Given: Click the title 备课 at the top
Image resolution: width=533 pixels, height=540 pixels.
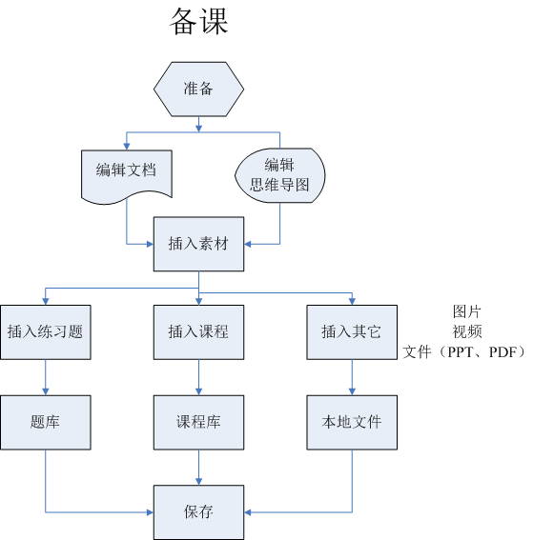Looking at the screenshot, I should [x=198, y=21].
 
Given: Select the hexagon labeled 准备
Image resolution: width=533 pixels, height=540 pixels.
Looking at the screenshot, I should [x=198, y=89].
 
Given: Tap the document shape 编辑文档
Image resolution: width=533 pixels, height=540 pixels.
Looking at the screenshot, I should [x=127, y=172].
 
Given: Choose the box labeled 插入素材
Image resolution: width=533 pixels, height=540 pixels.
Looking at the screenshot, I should [x=198, y=244].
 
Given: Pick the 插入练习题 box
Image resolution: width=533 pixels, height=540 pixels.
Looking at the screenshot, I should [x=46, y=331].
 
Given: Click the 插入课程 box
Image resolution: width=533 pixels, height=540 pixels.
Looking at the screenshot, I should [x=198, y=331].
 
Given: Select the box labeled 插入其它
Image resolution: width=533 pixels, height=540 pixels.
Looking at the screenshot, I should [x=351, y=331].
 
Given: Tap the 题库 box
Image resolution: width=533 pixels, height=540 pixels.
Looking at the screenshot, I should [x=46, y=421].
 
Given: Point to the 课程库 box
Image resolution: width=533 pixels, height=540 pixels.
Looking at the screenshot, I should [x=198, y=421].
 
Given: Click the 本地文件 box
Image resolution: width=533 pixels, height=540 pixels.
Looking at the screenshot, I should [x=351, y=421].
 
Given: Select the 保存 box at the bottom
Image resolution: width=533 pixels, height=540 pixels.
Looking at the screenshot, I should [x=198, y=511].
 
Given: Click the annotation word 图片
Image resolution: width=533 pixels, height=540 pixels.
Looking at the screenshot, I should [x=466, y=310].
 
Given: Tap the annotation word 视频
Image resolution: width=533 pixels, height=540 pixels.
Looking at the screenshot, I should [x=466, y=331].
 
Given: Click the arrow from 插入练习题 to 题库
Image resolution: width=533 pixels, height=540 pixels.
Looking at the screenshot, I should [x=46, y=376].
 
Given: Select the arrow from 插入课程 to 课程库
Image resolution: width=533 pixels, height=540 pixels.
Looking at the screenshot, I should [x=198, y=376].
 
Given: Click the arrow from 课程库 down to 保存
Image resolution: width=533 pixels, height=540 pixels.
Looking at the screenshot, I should [x=198, y=467].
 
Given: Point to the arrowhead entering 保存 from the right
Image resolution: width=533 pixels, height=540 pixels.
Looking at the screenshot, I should [x=249, y=511].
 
